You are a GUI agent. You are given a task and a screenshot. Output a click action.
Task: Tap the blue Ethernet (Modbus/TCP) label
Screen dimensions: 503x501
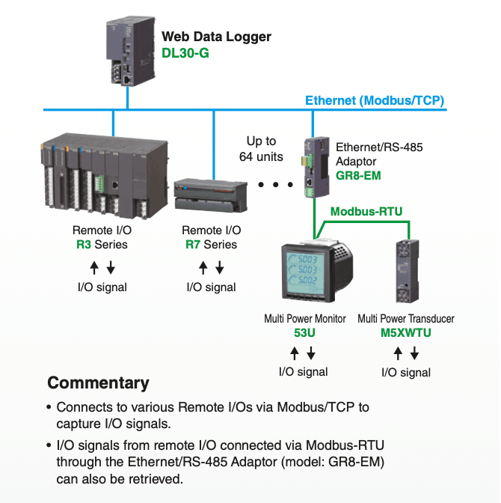[x=374, y=100]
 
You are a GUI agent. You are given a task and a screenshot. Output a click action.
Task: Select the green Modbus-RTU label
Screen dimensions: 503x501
[x=366, y=212]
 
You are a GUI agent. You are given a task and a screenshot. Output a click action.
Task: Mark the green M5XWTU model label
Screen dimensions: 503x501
[x=405, y=333]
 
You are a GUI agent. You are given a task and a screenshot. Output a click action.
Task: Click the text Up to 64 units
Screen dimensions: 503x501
[x=261, y=148]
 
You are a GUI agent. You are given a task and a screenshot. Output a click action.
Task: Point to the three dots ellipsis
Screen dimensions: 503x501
[x=274, y=184]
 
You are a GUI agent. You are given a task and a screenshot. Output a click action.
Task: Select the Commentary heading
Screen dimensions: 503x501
[x=98, y=383]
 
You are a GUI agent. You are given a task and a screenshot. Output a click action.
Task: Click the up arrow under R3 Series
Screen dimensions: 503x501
[x=93, y=268]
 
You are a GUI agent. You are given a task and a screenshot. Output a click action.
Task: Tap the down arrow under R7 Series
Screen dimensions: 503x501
[x=220, y=268]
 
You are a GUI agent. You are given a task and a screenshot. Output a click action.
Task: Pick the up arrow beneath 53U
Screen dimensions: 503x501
[x=294, y=353]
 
